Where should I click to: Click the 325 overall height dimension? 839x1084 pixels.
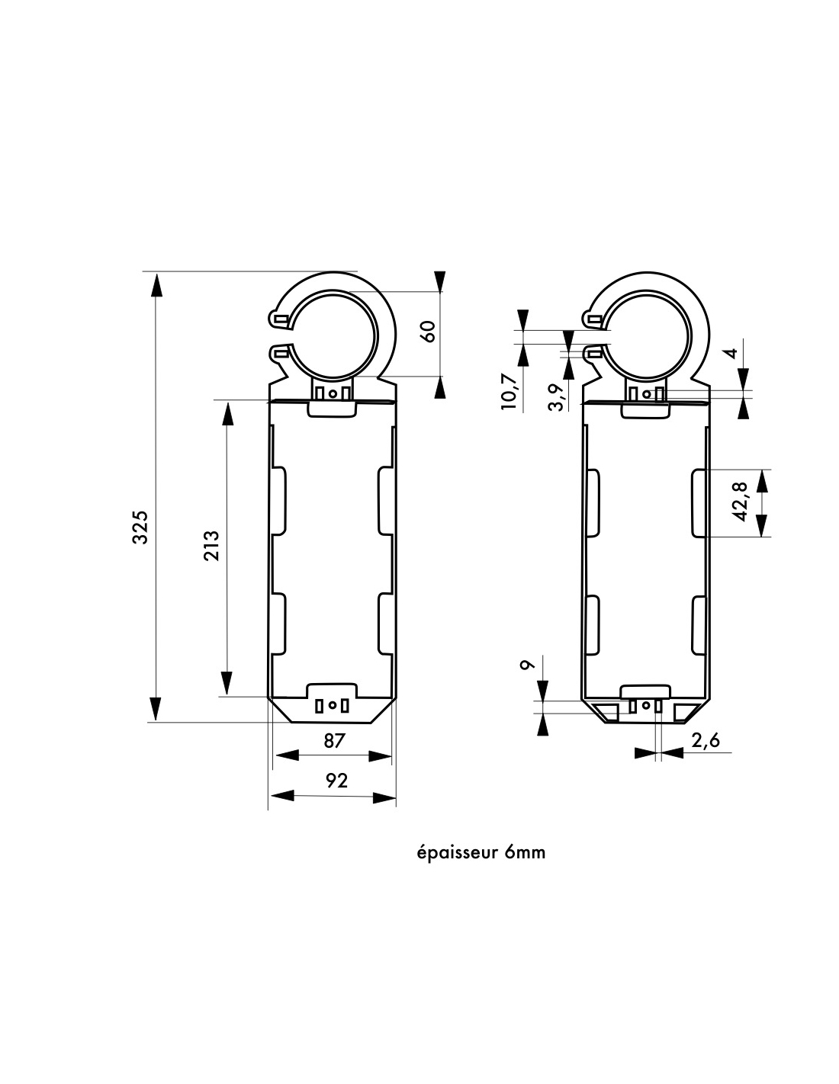pyautogui.click(x=140, y=527)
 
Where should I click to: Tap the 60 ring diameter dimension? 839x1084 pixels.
pyautogui.click(x=428, y=331)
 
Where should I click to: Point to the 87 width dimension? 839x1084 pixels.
pyautogui.click(x=334, y=740)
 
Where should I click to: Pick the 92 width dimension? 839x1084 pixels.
pyautogui.click(x=336, y=781)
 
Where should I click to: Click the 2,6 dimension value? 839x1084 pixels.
pyautogui.click(x=705, y=740)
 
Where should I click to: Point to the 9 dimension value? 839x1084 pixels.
pyautogui.click(x=525, y=665)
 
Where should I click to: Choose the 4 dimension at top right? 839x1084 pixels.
pyautogui.click(x=730, y=353)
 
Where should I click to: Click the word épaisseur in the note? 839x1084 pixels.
pyautogui.click(x=458, y=851)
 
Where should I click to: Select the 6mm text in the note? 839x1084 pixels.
pyautogui.click(x=526, y=851)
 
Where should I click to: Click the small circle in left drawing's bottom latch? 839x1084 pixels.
pyautogui.click(x=332, y=705)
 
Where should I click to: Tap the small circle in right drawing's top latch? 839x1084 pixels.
pyautogui.click(x=647, y=394)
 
